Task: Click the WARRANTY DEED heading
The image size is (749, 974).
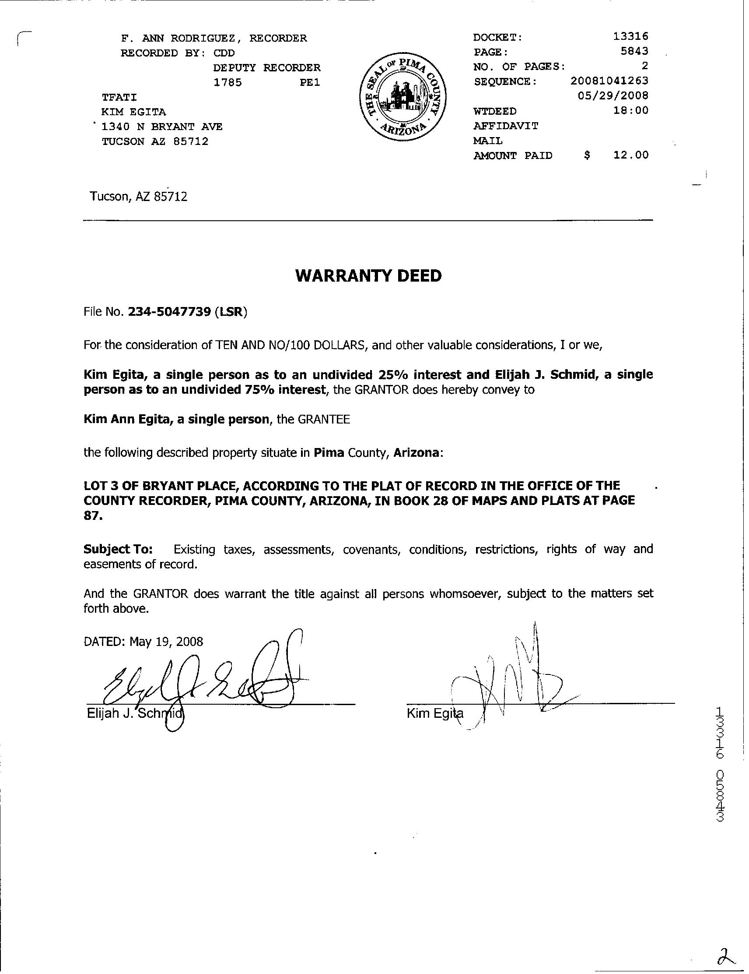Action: pyautogui.click(x=368, y=276)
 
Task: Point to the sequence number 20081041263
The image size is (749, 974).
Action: pyautogui.click(x=609, y=81)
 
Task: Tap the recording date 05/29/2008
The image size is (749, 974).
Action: pyautogui.click(x=612, y=95)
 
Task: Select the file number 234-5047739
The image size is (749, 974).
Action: pyautogui.click(x=169, y=312)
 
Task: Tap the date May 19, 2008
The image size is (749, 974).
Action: pyautogui.click(x=166, y=642)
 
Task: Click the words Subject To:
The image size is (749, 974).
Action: pyautogui.click(x=118, y=549)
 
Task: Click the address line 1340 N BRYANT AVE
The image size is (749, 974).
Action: pyautogui.click(x=162, y=127)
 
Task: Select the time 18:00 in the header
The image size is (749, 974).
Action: pyautogui.click(x=630, y=110)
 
